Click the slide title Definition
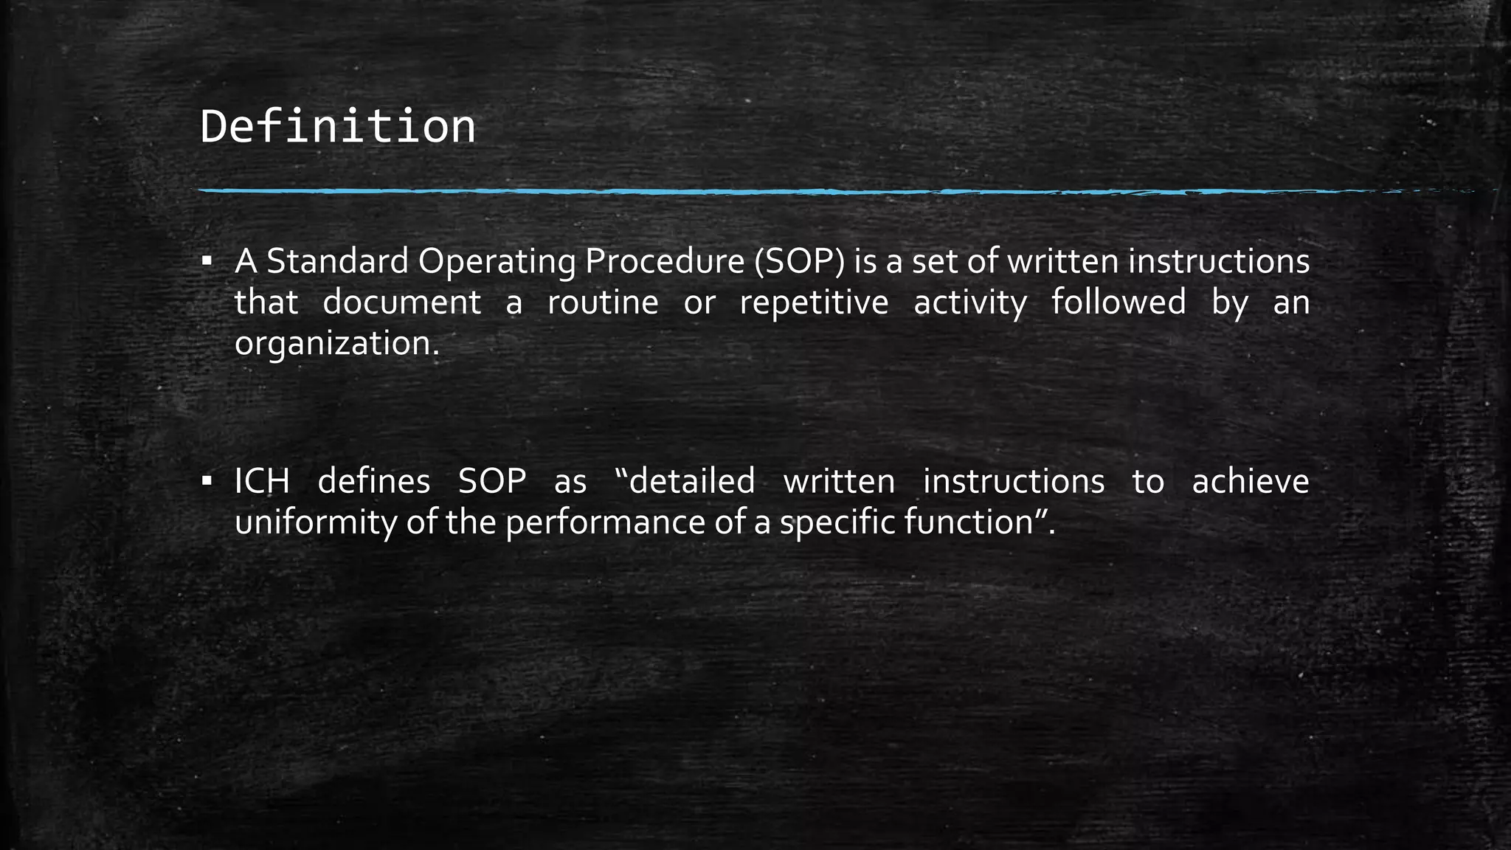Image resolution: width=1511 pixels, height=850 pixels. (x=337, y=127)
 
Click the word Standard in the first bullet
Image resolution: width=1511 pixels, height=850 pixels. (x=337, y=261)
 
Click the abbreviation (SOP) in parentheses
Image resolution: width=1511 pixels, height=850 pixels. (x=799, y=261)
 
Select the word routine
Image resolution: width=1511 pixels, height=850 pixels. (x=603, y=303)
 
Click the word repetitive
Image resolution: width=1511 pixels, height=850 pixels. (x=814, y=303)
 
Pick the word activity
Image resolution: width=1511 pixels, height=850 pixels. (x=969, y=303)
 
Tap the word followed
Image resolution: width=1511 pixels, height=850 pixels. (x=1118, y=303)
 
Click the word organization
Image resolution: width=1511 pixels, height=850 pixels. (x=336, y=344)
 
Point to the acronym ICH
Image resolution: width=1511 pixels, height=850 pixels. (x=262, y=481)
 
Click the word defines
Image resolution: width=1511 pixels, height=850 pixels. (x=373, y=481)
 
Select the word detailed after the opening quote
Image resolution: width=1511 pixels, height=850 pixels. (x=691, y=481)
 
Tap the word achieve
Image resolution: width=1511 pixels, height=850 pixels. (x=1250, y=481)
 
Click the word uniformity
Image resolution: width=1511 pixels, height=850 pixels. (x=316, y=522)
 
